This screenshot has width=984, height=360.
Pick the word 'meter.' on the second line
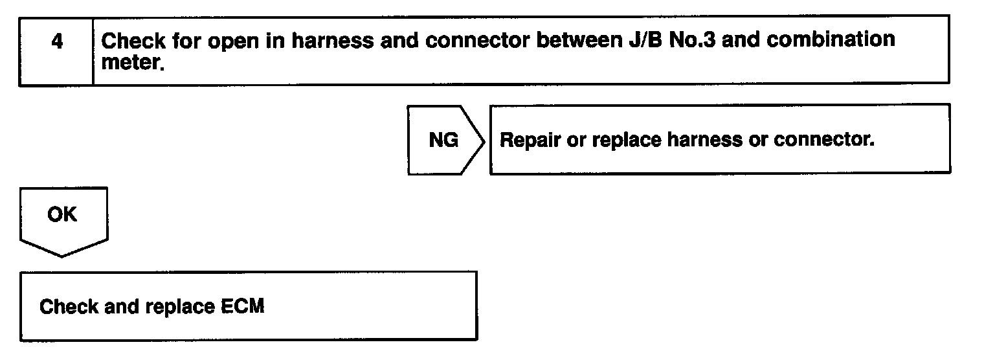131,63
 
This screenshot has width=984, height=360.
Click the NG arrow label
443,141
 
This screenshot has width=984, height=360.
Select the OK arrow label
62,214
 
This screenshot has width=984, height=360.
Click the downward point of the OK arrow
62,254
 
